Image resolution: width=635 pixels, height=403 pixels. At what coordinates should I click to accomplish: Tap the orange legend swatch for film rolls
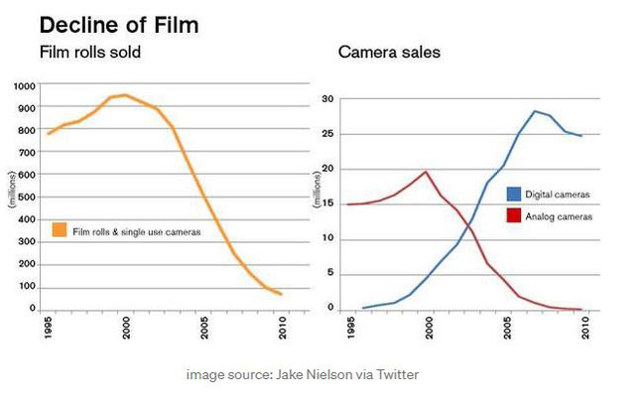click(x=60, y=231)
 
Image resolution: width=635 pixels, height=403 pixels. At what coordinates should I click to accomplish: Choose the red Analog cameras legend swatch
click(x=513, y=214)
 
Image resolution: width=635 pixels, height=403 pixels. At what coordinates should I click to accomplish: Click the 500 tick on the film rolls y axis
click(x=26, y=198)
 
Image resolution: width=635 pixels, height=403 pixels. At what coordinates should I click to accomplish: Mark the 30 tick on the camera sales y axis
click(x=327, y=99)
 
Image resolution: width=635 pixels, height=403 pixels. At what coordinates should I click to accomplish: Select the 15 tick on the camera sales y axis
click(x=327, y=203)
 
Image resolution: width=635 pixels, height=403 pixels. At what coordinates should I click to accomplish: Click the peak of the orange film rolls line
click(x=125, y=95)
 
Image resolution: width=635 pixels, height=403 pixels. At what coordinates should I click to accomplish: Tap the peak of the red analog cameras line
click(x=426, y=172)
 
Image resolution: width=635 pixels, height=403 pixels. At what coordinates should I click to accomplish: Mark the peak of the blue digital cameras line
click(x=535, y=111)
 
